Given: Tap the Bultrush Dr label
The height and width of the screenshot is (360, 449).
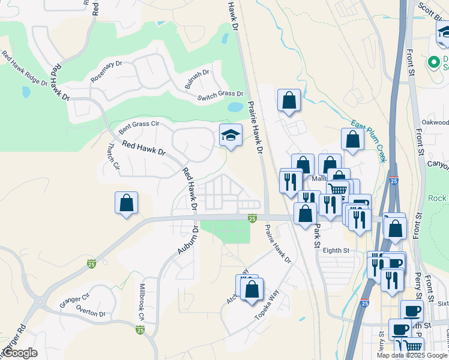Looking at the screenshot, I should pos(197,80).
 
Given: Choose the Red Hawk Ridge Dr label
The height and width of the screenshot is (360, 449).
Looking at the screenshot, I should pos(23,70).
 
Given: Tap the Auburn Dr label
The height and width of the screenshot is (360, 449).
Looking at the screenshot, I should pos(188,240).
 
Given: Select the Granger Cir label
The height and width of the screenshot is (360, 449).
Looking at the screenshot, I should pos(74,300).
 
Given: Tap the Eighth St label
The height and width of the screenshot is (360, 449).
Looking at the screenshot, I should pos(336,250).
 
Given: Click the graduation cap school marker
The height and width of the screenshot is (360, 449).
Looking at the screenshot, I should pos(229,136).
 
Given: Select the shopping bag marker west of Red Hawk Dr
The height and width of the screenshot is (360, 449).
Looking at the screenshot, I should pos(127,203).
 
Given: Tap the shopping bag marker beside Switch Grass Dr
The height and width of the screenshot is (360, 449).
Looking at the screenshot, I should pos(289,101).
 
